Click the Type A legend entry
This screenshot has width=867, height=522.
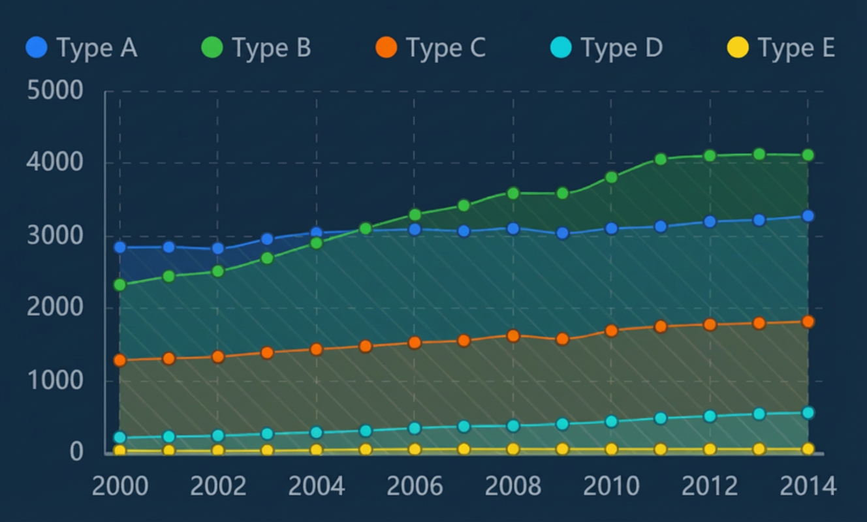(81, 48)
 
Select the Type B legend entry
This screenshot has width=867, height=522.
(256, 48)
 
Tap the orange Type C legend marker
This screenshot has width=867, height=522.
(386, 47)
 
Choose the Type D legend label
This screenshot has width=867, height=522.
(622, 48)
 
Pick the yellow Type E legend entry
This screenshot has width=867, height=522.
(781, 48)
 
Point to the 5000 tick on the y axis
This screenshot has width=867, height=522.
(55, 91)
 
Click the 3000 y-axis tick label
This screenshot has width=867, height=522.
(55, 236)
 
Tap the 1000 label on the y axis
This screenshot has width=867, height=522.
(55, 380)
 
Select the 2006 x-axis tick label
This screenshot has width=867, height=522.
(415, 486)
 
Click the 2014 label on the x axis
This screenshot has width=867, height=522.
(808, 486)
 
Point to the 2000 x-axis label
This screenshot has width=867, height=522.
(120, 486)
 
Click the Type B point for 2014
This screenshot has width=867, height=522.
(808, 155)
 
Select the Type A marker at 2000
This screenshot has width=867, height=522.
(120, 247)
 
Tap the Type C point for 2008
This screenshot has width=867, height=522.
(513, 336)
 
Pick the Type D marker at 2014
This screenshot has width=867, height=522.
(808, 413)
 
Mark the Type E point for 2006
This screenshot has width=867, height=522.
(415, 450)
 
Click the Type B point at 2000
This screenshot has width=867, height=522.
(120, 285)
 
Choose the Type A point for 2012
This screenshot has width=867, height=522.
(710, 222)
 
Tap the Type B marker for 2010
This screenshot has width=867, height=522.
(611, 177)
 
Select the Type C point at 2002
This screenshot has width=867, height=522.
(218, 357)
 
